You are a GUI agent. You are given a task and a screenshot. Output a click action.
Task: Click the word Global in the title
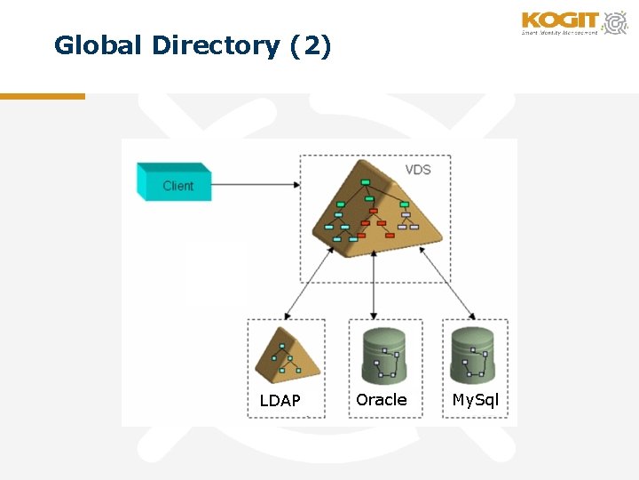[92, 45]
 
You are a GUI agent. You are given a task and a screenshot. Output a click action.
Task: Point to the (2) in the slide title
[311, 45]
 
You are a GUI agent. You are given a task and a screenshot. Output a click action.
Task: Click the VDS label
[418, 170]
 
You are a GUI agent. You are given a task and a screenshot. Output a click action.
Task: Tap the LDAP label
[280, 401]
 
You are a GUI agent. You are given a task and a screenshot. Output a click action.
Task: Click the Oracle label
[382, 400]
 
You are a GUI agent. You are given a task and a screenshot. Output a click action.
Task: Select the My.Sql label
[476, 400]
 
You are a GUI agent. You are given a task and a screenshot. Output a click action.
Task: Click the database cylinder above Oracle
[383, 355]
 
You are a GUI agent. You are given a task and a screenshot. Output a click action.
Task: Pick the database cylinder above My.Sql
[473, 355]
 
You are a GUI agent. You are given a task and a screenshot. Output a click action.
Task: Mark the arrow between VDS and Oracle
[375, 284]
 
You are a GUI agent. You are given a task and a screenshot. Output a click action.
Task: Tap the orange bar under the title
[43, 96]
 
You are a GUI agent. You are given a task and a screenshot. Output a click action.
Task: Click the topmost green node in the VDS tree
[365, 182]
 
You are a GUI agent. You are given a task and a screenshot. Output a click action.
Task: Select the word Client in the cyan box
[177, 186]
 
